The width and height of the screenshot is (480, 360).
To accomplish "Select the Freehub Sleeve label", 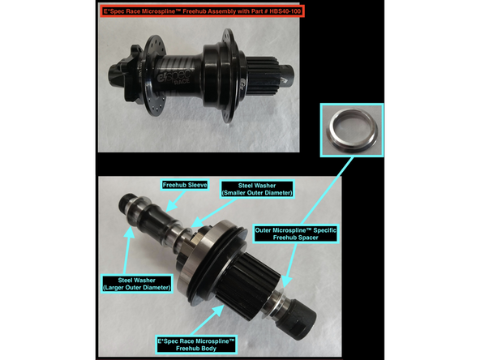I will (186, 186).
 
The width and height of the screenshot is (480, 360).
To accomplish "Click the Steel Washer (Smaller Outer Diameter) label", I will (263, 191).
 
